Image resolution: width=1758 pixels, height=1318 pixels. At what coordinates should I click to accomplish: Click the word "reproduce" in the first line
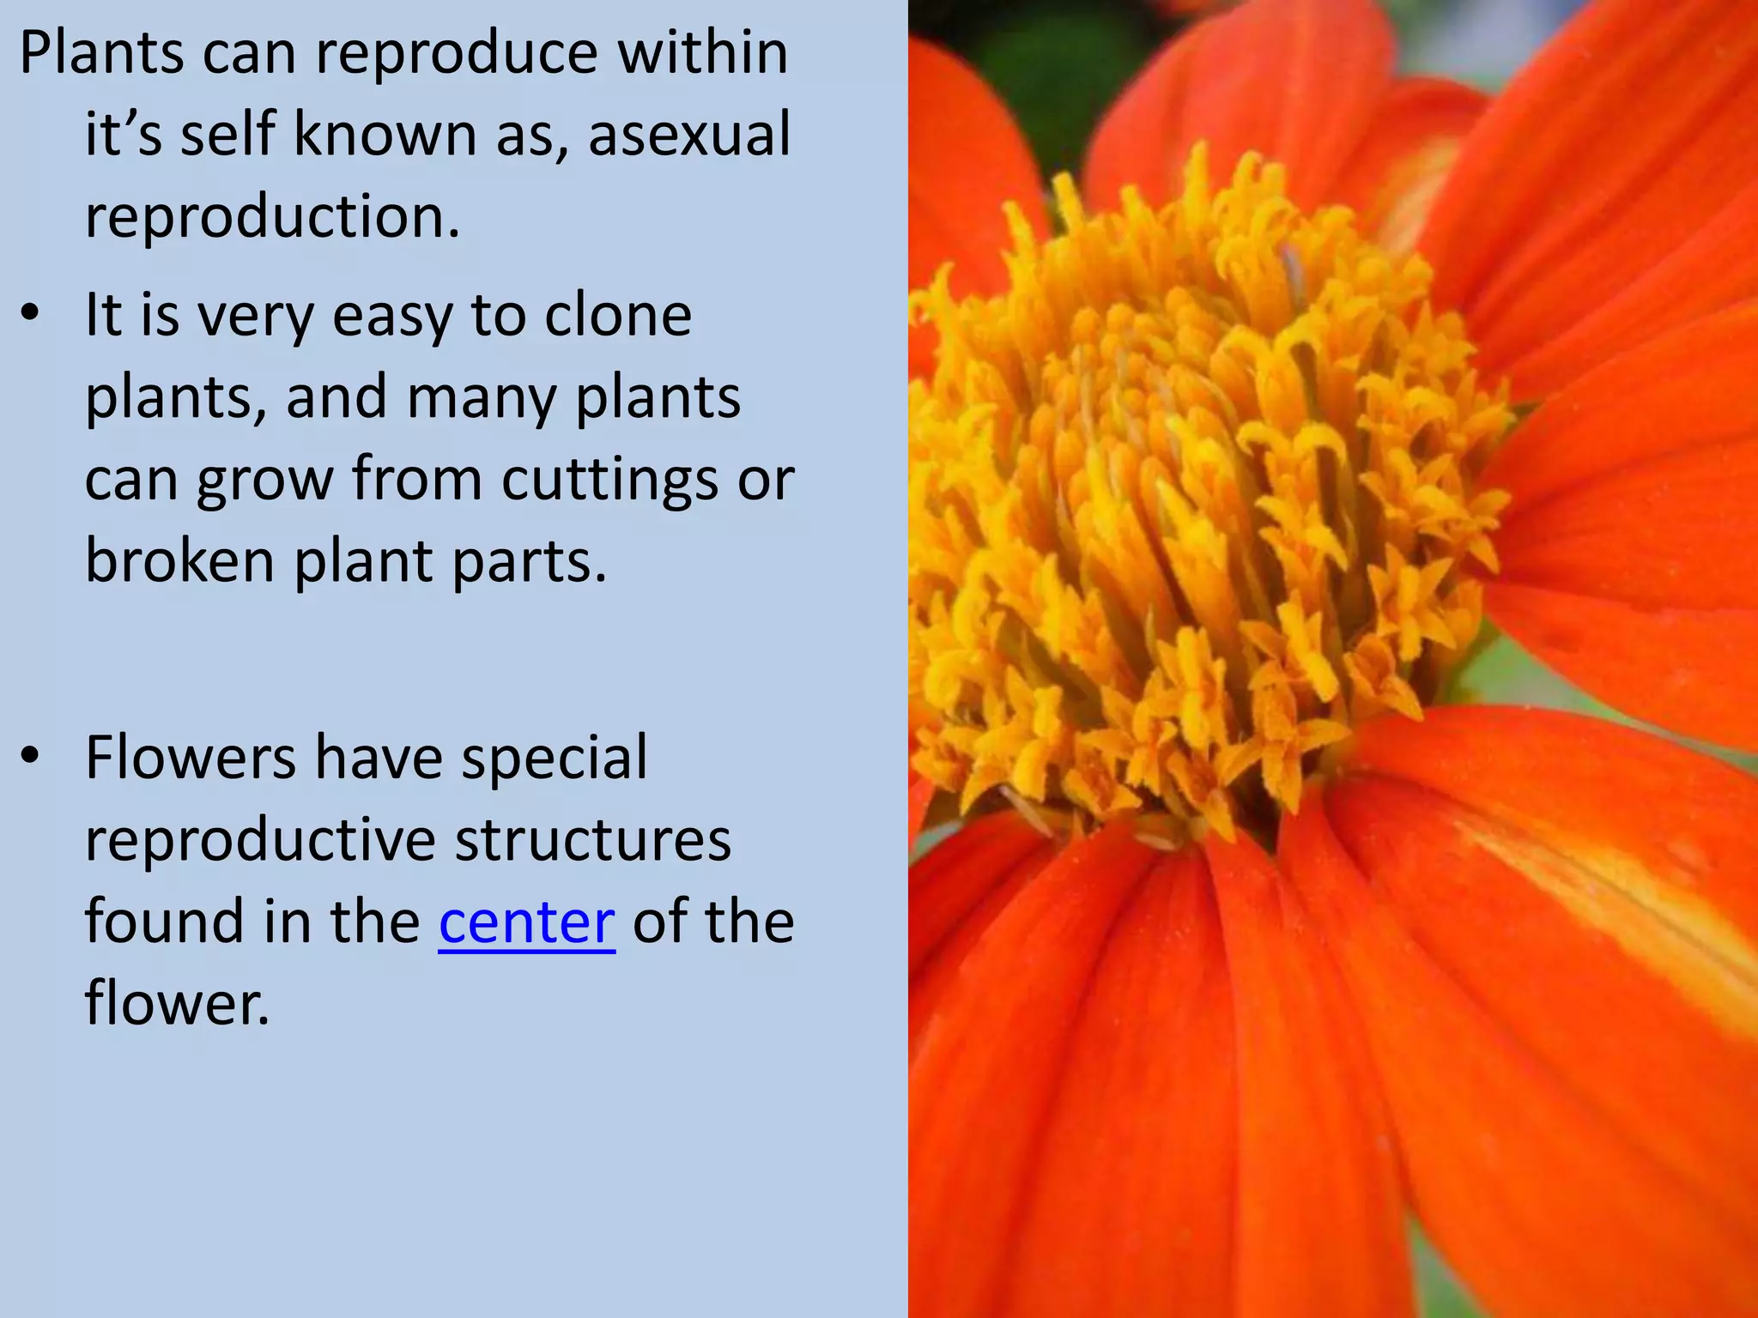[457, 53]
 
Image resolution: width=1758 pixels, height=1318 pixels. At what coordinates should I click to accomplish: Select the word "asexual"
[689, 135]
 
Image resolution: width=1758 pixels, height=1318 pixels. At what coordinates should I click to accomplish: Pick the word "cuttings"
[610, 480]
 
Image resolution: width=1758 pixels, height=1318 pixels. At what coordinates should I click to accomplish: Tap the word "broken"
[179, 561]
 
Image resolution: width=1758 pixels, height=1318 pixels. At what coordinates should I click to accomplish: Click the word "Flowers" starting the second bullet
[191, 758]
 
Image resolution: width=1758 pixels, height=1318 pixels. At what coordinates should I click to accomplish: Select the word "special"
[555, 759]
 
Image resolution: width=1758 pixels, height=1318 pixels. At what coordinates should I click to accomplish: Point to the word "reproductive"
[260, 841]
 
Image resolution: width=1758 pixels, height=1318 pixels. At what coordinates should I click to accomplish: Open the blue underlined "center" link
[526, 922]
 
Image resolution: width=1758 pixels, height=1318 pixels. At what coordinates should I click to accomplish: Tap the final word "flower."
[177, 1003]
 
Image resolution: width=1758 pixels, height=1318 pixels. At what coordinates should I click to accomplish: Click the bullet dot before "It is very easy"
[31, 314]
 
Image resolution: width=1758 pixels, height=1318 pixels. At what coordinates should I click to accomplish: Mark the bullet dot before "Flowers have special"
[31, 757]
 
